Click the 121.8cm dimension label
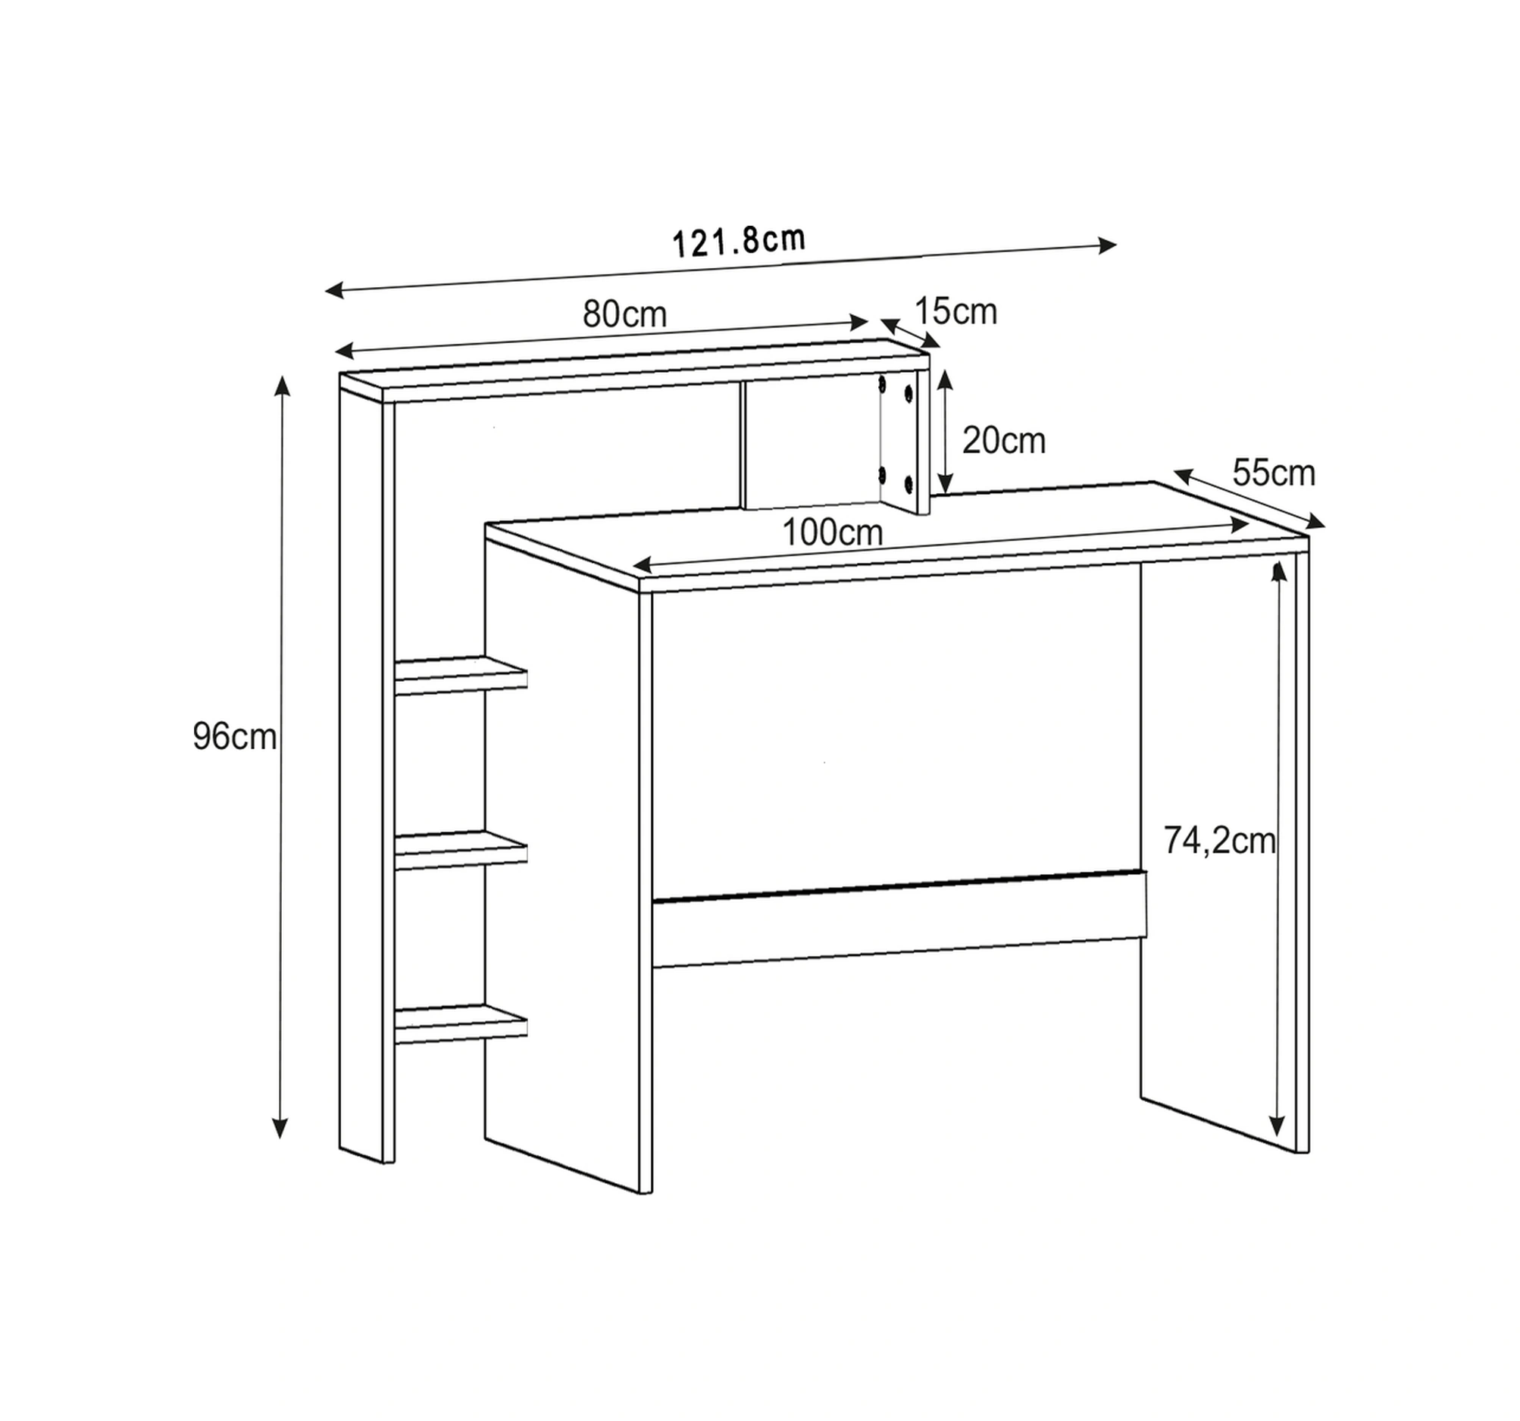739,241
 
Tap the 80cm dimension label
624,314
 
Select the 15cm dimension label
955,311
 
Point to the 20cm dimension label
1004,440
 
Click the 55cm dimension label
1274,473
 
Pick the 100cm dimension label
833,532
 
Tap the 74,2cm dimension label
1219,841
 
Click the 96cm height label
235,737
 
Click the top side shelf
460,675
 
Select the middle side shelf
460,849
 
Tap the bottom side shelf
460,1023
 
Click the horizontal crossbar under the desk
899,918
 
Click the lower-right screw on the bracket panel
909,483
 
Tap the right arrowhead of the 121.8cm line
1108,245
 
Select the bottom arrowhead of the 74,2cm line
1276,1126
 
